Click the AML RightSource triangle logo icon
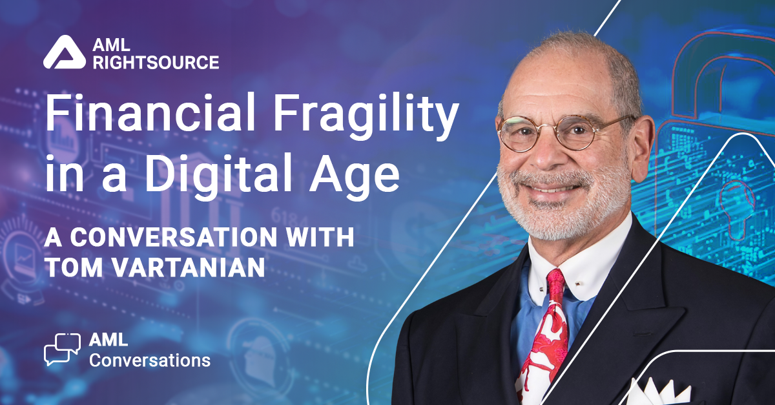point(65,52)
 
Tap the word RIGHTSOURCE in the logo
point(156,62)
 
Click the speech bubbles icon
point(62,349)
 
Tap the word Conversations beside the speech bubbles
point(150,360)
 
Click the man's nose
point(548,152)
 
